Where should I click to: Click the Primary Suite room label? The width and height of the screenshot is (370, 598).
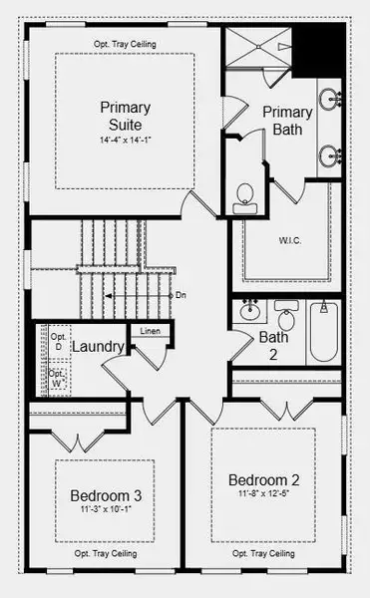[x=124, y=115]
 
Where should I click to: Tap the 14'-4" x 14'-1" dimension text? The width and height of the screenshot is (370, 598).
[x=124, y=141]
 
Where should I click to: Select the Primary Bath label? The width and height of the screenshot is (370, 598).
[x=288, y=121]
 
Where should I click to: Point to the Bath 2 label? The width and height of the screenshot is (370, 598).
[x=273, y=344]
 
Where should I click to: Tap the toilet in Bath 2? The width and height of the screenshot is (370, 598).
[x=287, y=318]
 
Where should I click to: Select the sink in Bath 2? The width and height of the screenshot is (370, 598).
[x=250, y=309]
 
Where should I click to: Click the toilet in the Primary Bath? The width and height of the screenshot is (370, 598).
[x=244, y=198]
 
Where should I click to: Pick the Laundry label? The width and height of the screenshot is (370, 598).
[x=98, y=348]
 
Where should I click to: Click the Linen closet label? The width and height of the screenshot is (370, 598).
[x=150, y=331]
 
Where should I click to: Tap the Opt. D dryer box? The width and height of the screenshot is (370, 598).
[x=56, y=342]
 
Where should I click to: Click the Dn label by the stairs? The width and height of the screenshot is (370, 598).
[x=181, y=295]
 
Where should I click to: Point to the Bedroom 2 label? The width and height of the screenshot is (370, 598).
[x=263, y=477]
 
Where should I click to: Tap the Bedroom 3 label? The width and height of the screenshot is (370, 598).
[x=105, y=495]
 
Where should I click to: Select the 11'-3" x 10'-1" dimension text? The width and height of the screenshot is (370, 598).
[x=105, y=510]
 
